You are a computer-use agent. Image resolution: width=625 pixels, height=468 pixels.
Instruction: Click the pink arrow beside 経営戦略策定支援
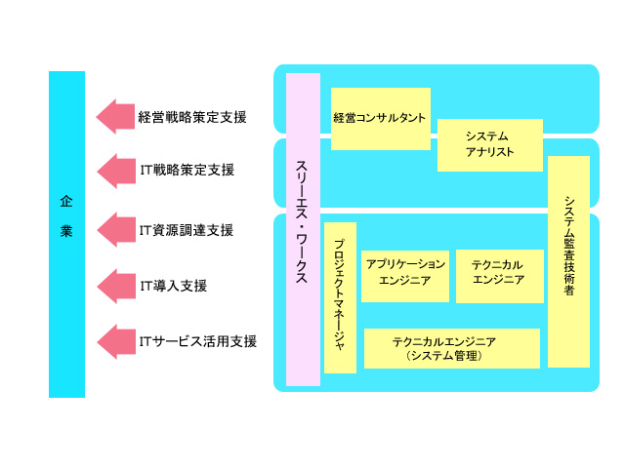[114, 117]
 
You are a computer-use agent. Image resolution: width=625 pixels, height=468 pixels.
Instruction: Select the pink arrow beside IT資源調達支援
[114, 230]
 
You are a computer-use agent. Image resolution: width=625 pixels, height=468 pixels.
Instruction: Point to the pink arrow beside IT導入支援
[114, 286]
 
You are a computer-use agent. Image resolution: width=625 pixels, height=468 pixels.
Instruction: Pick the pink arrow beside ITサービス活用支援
[114, 341]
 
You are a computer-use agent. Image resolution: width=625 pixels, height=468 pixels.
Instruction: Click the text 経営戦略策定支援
[192, 117]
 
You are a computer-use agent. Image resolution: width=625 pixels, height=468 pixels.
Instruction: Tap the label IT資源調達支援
[187, 230]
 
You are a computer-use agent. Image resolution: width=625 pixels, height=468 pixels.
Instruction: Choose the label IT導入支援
[174, 286]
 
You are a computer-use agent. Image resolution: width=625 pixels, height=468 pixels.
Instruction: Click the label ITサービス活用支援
[198, 341]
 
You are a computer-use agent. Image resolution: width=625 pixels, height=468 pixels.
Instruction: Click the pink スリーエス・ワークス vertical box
[303, 229]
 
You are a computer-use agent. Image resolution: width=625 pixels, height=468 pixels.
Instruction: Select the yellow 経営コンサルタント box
[380, 118]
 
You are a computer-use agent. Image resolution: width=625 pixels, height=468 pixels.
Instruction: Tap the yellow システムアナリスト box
[489, 144]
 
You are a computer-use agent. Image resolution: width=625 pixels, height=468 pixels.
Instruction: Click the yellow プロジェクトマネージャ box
[340, 297]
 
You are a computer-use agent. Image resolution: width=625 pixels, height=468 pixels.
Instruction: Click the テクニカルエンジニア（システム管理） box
[451, 348]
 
